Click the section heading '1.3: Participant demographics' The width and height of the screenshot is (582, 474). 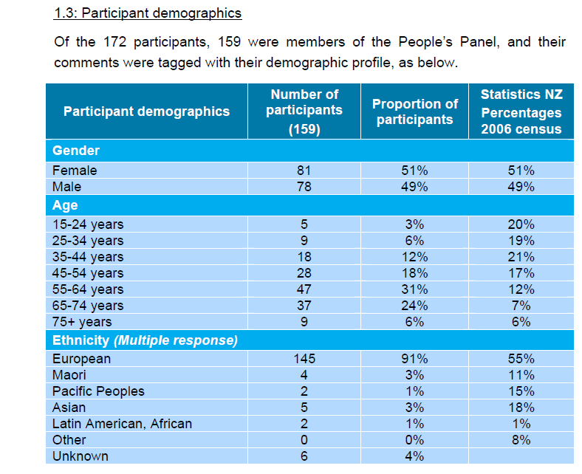(148, 14)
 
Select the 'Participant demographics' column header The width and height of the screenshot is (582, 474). (146, 111)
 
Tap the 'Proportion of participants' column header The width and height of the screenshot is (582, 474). (414, 111)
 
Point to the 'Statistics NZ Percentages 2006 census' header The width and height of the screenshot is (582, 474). (521, 111)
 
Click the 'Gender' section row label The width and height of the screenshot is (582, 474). (76, 151)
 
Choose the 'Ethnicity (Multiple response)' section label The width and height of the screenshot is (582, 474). (145, 340)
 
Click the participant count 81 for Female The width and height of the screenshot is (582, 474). (304, 171)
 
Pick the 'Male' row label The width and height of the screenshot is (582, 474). (67, 187)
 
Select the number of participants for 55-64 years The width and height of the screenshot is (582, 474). (304, 289)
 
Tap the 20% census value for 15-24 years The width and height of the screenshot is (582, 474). (521, 224)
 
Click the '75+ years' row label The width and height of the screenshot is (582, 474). (82, 321)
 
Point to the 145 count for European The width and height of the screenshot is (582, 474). (304, 359)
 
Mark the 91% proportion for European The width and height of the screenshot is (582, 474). (414, 359)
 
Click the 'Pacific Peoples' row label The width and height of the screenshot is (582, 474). (98, 391)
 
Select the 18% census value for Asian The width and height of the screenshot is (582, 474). (521, 408)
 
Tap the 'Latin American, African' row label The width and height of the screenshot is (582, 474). (122, 424)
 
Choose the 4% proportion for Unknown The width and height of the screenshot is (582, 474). (414, 456)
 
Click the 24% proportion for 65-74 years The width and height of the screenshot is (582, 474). (414, 305)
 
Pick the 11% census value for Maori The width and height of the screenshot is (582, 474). (521, 375)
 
